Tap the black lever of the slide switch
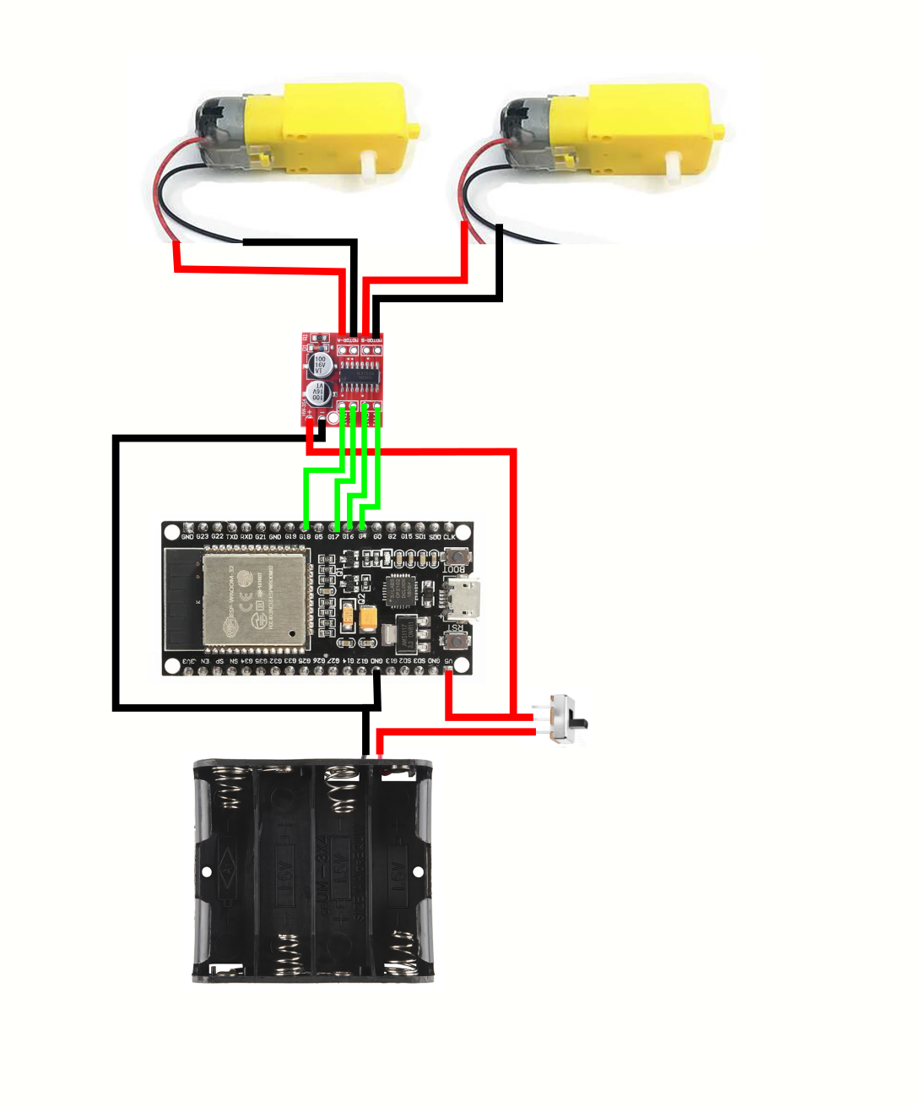(x=581, y=724)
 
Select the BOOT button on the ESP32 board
(x=457, y=556)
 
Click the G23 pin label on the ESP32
(x=203, y=537)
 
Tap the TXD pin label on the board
(x=231, y=537)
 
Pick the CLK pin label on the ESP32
(x=449, y=537)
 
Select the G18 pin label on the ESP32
(x=305, y=537)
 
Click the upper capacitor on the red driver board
(x=321, y=364)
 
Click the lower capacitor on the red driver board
(x=319, y=393)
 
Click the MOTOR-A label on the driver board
(x=348, y=339)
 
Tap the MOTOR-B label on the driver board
(x=371, y=339)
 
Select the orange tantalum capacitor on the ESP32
(x=369, y=619)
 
